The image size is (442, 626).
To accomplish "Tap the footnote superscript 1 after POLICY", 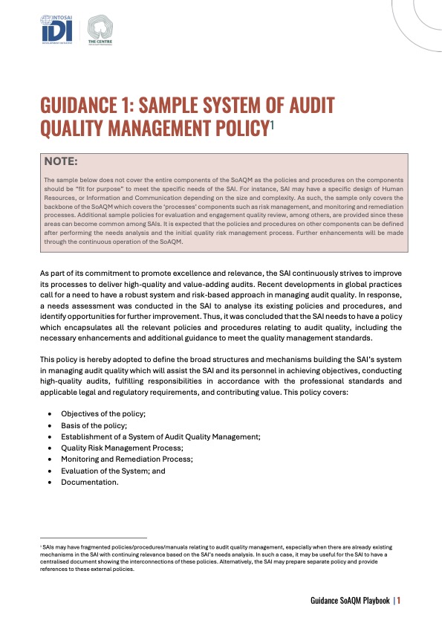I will (x=272, y=127).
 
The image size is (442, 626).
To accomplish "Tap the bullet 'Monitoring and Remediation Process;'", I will (x=126, y=459).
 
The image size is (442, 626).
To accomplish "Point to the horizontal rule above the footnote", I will (x=94, y=538).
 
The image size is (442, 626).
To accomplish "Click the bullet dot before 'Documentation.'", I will (x=49, y=483).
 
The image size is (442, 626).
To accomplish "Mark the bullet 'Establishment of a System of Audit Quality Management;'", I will (x=160, y=436).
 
